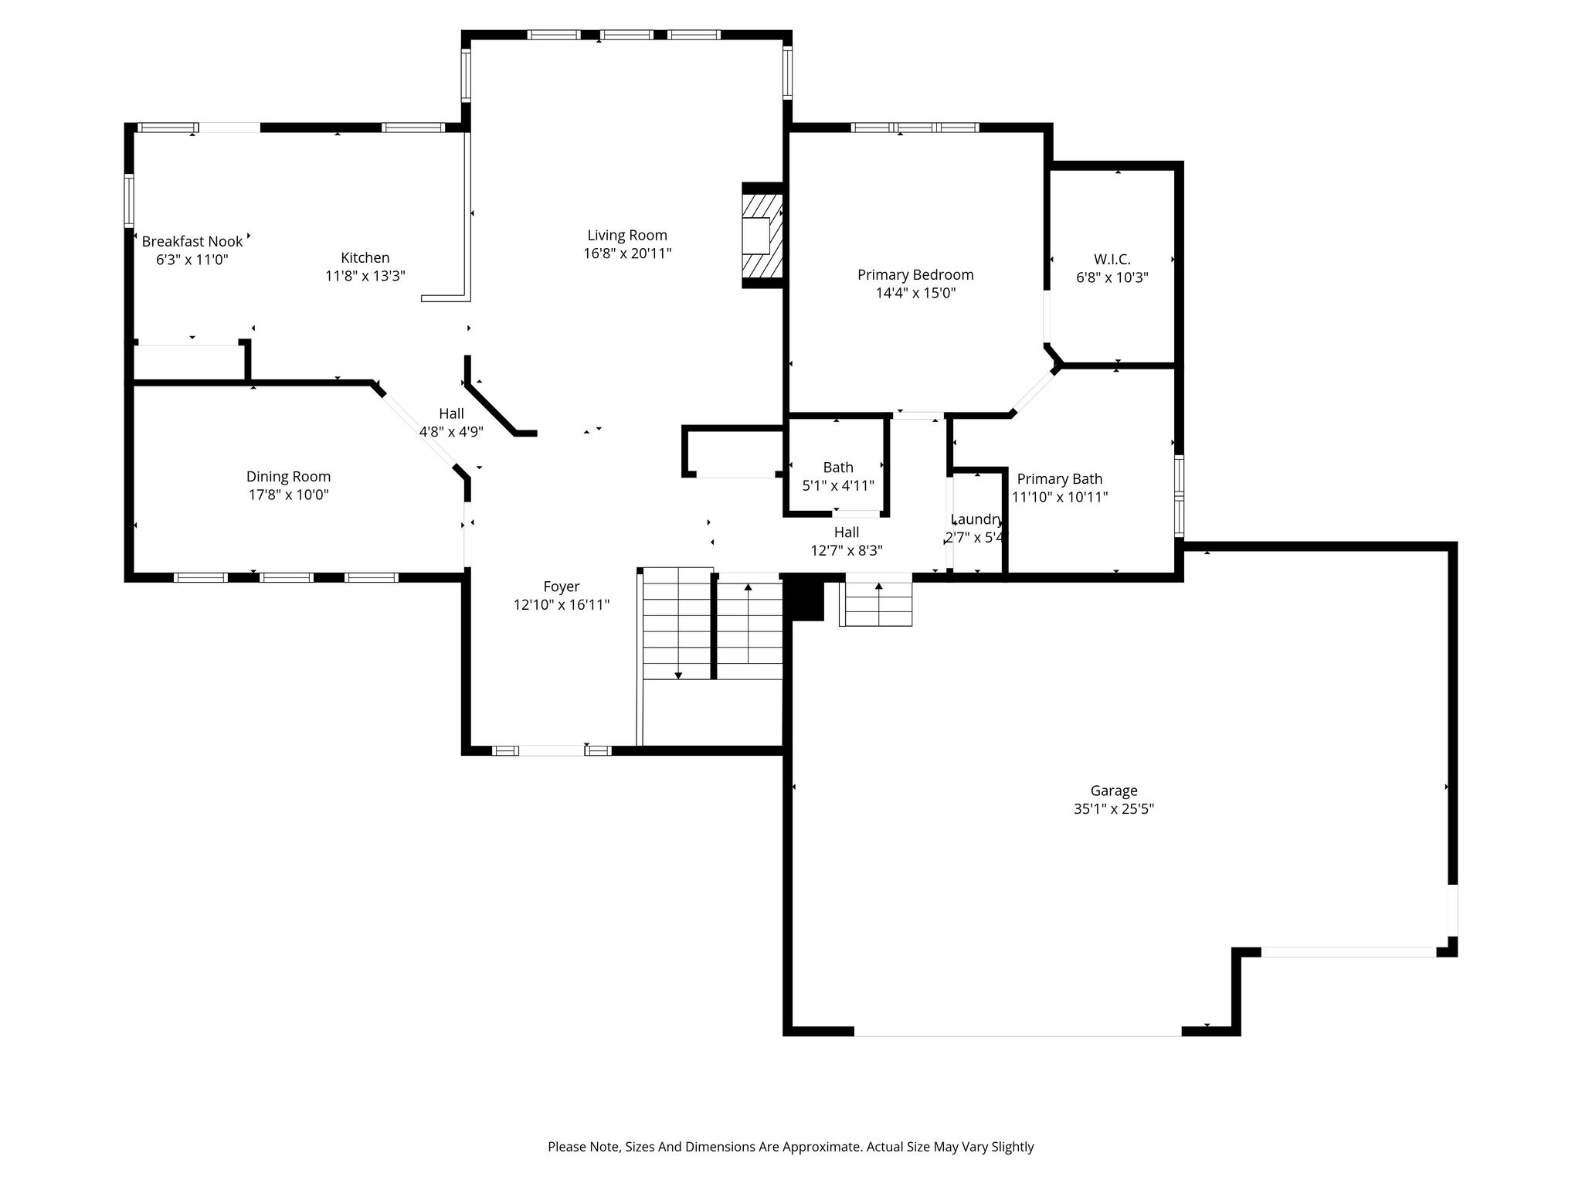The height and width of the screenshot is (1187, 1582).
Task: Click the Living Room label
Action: (626, 235)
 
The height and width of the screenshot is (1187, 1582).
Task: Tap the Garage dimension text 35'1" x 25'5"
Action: (1113, 809)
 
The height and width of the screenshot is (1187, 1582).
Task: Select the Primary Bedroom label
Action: (915, 274)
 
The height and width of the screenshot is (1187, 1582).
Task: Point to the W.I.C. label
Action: (1112, 259)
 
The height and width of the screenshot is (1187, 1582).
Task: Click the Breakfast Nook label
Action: (192, 241)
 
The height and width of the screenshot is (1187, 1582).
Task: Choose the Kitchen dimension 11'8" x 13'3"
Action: (365, 276)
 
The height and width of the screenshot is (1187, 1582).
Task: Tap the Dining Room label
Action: (288, 477)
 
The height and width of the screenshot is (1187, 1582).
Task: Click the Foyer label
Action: (562, 587)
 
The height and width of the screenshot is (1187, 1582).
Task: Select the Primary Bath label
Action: (1060, 479)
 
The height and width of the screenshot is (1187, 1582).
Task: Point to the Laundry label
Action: (977, 519)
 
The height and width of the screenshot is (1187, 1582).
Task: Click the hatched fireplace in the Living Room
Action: (762, 236)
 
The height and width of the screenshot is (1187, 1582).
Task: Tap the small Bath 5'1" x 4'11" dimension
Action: (838, 485)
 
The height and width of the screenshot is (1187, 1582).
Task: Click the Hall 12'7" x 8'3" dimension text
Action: (847, 550)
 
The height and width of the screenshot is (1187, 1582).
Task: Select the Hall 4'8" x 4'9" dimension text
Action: (451, 431)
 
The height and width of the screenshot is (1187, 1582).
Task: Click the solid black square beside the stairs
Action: (804, 597)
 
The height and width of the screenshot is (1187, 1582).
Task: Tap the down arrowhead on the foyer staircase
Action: (678, 675)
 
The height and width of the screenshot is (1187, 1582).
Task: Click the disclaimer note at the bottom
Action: (791, 1147)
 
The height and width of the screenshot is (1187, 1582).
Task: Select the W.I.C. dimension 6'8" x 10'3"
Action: (1112, 277)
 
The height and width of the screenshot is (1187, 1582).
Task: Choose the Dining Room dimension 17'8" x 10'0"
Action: (288, 495)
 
